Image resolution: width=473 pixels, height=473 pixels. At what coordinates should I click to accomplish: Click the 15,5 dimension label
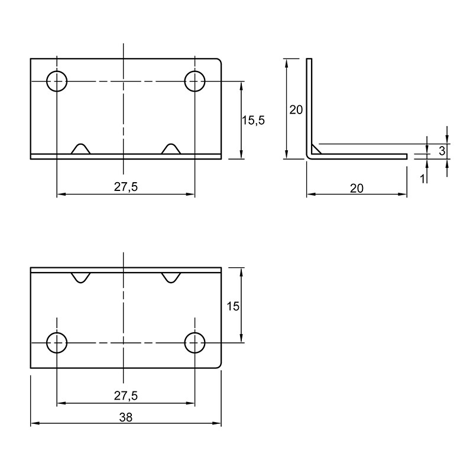click(x=254, y=121)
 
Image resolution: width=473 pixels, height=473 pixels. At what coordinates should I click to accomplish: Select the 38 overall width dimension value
click(x=125, y=417)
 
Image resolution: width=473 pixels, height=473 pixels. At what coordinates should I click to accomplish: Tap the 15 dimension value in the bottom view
click(x=232, y=306)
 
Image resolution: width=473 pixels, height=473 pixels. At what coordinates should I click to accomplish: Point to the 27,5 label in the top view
click(x=126, y=187)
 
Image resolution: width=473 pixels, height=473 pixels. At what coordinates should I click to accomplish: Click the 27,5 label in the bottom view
click(x=126, y=396)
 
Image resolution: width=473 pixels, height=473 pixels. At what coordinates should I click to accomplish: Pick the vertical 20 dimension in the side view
click(x=296, y=110)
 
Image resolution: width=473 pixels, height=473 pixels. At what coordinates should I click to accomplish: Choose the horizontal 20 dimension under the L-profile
click(x=357, y=189)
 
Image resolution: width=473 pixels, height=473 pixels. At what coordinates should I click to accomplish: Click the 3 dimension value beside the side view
click(x=442, y=151)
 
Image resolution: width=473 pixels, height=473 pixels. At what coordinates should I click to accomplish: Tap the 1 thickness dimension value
click(x=423, y=179)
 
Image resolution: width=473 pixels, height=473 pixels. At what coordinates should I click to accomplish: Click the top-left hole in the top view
click(x=57, y=81)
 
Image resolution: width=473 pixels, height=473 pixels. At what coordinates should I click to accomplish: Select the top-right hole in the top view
click(x=195, y=81)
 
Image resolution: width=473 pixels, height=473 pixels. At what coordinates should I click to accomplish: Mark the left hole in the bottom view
click(x=57, y=343)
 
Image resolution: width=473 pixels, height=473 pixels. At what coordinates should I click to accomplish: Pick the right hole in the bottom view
click(x=195, y=343)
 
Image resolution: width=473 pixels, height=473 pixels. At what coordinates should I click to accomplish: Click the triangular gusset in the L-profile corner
click(x=315, y=150)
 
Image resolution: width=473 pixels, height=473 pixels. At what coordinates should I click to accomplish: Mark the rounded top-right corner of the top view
click(x=219, y=60)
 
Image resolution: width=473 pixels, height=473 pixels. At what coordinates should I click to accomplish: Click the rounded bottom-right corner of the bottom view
click(x=219, y=366)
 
